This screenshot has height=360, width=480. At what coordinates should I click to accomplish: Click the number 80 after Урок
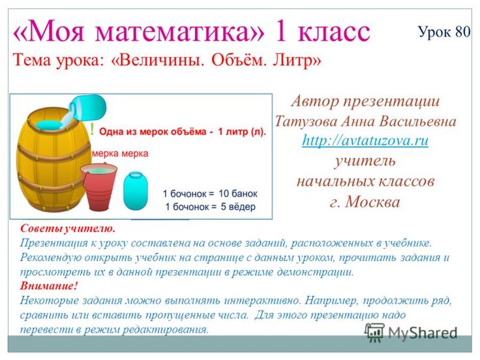click(462, 31)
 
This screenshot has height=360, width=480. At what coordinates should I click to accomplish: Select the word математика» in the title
click(180, 31)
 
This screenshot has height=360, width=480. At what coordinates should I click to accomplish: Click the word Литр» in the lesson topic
click(296, 60)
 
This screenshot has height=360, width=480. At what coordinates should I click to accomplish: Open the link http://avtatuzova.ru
click(365, 140)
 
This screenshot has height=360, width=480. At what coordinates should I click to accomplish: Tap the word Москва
click(372, 202)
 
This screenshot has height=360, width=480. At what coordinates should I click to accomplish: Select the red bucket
click(99, 187)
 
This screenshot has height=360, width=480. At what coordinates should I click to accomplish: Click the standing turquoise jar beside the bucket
click(135, 191)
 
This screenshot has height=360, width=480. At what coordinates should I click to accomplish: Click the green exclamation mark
click(93, 129)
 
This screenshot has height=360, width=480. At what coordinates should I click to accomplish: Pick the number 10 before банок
click(224, 194)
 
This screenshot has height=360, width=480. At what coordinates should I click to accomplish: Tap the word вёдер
click(243, 207)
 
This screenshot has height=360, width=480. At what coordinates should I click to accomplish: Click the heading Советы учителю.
click(68, 228)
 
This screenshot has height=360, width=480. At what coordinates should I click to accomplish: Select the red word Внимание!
click(49, 286)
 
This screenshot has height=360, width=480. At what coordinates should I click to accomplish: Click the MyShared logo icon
click(374, 332)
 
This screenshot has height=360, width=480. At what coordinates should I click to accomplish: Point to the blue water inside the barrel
click(49, 125)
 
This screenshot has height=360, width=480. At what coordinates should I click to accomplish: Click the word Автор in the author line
click(314, 101)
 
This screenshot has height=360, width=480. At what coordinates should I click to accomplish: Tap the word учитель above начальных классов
click(365, 160)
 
